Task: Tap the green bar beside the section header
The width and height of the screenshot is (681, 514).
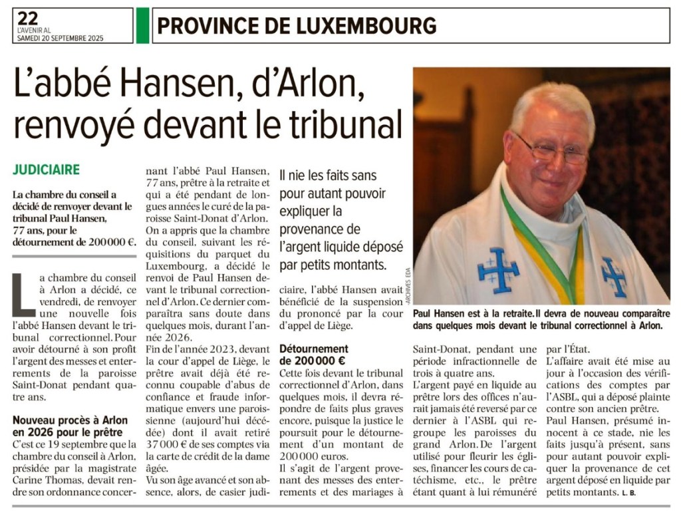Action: click(142, 25)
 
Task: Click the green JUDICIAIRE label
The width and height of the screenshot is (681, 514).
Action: click(46, 170)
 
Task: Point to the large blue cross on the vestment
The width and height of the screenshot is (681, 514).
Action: click(498, 269)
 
